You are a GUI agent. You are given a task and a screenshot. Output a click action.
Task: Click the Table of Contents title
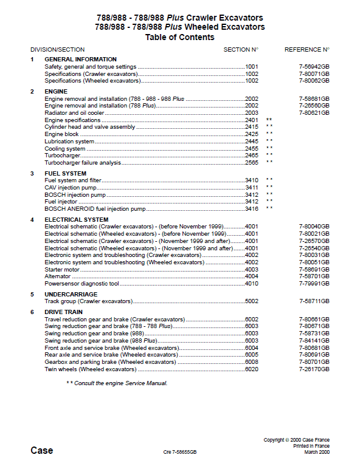tap(179, 38)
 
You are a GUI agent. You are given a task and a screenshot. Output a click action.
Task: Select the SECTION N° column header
tap(241, 50)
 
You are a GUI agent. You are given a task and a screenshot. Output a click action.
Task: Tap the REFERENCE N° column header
tap(306, 50)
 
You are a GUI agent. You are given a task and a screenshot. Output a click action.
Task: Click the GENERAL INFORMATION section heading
tap(80, 60)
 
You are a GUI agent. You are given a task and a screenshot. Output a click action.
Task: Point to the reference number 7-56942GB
tap(314, 66)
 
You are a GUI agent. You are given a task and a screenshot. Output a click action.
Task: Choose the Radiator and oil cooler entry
tap(74, 112)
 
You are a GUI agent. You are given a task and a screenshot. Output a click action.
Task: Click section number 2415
tap(251, 127)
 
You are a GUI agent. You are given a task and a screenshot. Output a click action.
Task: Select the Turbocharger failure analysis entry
tap(83, 163)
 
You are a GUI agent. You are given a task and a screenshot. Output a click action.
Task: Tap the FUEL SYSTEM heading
tap(65, 174)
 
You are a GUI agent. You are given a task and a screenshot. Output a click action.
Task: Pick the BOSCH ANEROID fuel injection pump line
tap(95, 209)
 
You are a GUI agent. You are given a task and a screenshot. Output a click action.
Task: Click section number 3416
tap(251, 209)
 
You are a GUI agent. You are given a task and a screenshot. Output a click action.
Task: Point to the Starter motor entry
tap(62, 269)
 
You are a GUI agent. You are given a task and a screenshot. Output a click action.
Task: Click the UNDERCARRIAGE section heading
tap(71, 294)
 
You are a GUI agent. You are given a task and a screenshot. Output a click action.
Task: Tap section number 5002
tap(251, 301)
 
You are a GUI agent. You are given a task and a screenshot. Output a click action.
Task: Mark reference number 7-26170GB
tap(314, 369)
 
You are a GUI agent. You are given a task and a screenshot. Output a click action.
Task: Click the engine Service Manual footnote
tap(117, 383)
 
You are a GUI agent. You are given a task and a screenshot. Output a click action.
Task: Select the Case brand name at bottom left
tap(41, 451)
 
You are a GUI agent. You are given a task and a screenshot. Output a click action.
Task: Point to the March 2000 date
tap(316, 452)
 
